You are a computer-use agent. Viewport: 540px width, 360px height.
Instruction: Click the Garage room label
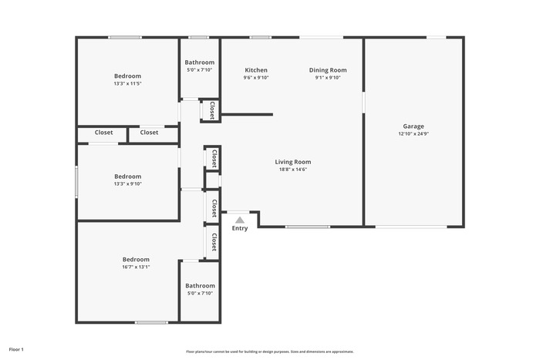click(413, 126)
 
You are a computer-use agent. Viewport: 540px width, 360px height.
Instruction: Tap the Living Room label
click(292, 162)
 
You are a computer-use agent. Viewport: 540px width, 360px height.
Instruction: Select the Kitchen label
click(256, 70)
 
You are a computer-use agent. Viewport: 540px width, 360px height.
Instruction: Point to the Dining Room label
click(328, 70)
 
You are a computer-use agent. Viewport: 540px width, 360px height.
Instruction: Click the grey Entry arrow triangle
click(240, 220)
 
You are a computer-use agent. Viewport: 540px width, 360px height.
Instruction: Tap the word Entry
click(240, 228)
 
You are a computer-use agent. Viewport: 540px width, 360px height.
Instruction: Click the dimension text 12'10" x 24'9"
click(413, 134)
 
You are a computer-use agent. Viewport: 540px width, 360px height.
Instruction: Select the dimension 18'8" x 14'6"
click(292, 170)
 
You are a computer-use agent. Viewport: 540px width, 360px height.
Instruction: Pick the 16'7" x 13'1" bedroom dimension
click(136, 267)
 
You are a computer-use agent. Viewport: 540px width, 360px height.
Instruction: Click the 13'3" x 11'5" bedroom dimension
click(128, 83)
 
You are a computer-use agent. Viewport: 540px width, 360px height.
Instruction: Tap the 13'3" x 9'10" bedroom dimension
click(128, 183)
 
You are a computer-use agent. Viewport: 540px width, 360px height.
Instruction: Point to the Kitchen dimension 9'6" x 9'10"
click(256, 78)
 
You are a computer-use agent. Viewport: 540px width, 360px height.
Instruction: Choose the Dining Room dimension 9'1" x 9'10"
click(328, 78)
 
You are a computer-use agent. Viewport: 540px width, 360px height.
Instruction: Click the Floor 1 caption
click(16, 349)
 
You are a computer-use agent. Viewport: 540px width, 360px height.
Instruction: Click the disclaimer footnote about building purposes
click(270, 352)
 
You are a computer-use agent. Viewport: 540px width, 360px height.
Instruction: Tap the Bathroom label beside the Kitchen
click(199, 62)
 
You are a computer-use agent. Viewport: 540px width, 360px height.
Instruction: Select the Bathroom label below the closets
click(200, 286)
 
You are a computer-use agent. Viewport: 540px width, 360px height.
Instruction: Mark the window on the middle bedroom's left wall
click(76, 182)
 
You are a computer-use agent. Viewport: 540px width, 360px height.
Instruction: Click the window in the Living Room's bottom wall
click(308, 227)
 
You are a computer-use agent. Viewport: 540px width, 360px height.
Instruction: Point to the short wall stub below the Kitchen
click(247, 115)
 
